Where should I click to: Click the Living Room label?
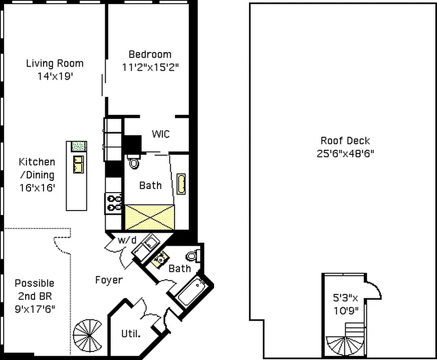(54, 63)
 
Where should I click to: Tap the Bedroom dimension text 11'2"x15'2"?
(150, 67)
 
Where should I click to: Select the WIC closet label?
(161, 134)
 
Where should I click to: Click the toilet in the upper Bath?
(134, 162)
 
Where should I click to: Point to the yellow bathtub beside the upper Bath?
(181, 184)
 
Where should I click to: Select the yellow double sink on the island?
(78, 164)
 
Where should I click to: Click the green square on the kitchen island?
(79, 146)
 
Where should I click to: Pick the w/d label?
(127, 240)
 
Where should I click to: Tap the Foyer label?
(109, 280)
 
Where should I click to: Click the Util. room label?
(131, 334)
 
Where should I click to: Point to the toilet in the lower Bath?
(192, 256)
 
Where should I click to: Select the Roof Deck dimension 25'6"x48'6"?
(345, 153)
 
